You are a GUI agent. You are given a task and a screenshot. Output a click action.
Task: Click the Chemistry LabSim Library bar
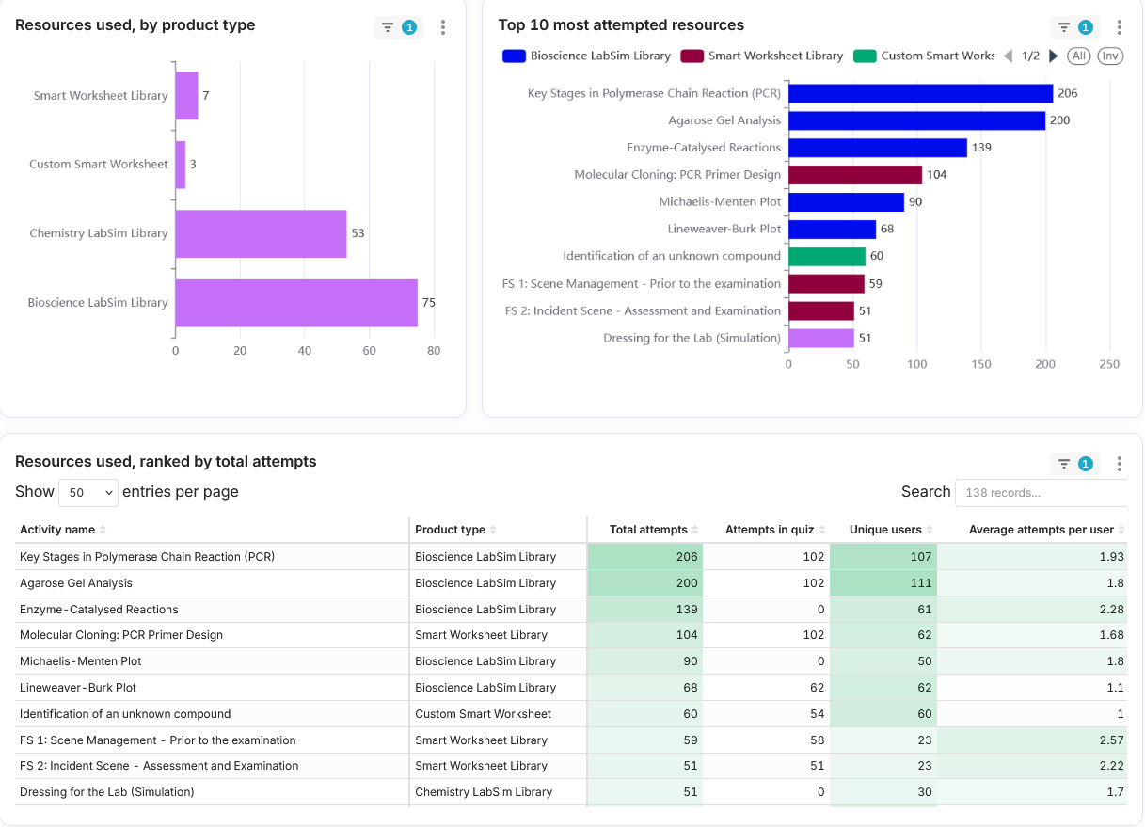pyautogui.click(x=261, y=233)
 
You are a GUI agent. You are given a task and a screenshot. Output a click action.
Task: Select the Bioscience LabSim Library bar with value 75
pyautogui.click(x=296, y=303)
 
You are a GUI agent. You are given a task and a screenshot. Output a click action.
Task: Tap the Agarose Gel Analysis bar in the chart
pyautogui.click(x=916, y=120)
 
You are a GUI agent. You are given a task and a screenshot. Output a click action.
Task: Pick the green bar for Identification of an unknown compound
pyautogui.click(x=827, y=257)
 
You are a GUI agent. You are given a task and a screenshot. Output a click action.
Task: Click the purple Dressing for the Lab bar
pyautogui.click(x=821, y=338)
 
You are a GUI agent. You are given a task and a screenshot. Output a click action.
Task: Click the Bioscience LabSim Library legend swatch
pyautogui.click(x=514, y=56)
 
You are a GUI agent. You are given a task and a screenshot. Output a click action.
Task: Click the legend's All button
pyautogui.click(x=1078, y=56)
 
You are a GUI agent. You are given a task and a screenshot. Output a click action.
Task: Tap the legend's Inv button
pyautogui.click(x=1110, y=56)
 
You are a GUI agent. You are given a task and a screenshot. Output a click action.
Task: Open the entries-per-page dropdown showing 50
pyautogui.click(x=88, y=492)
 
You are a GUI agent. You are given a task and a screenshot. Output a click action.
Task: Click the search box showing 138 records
pyautogui.click(x=1041, y=493)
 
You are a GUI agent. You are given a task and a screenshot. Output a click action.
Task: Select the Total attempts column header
pyautogui.click(x=648, y=530)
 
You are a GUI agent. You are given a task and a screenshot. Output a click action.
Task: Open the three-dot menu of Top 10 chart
pyautogui.click(x=1120, y=27)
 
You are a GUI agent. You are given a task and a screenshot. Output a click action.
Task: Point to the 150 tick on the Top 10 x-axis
pyautogui.click(x=981, y=364)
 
